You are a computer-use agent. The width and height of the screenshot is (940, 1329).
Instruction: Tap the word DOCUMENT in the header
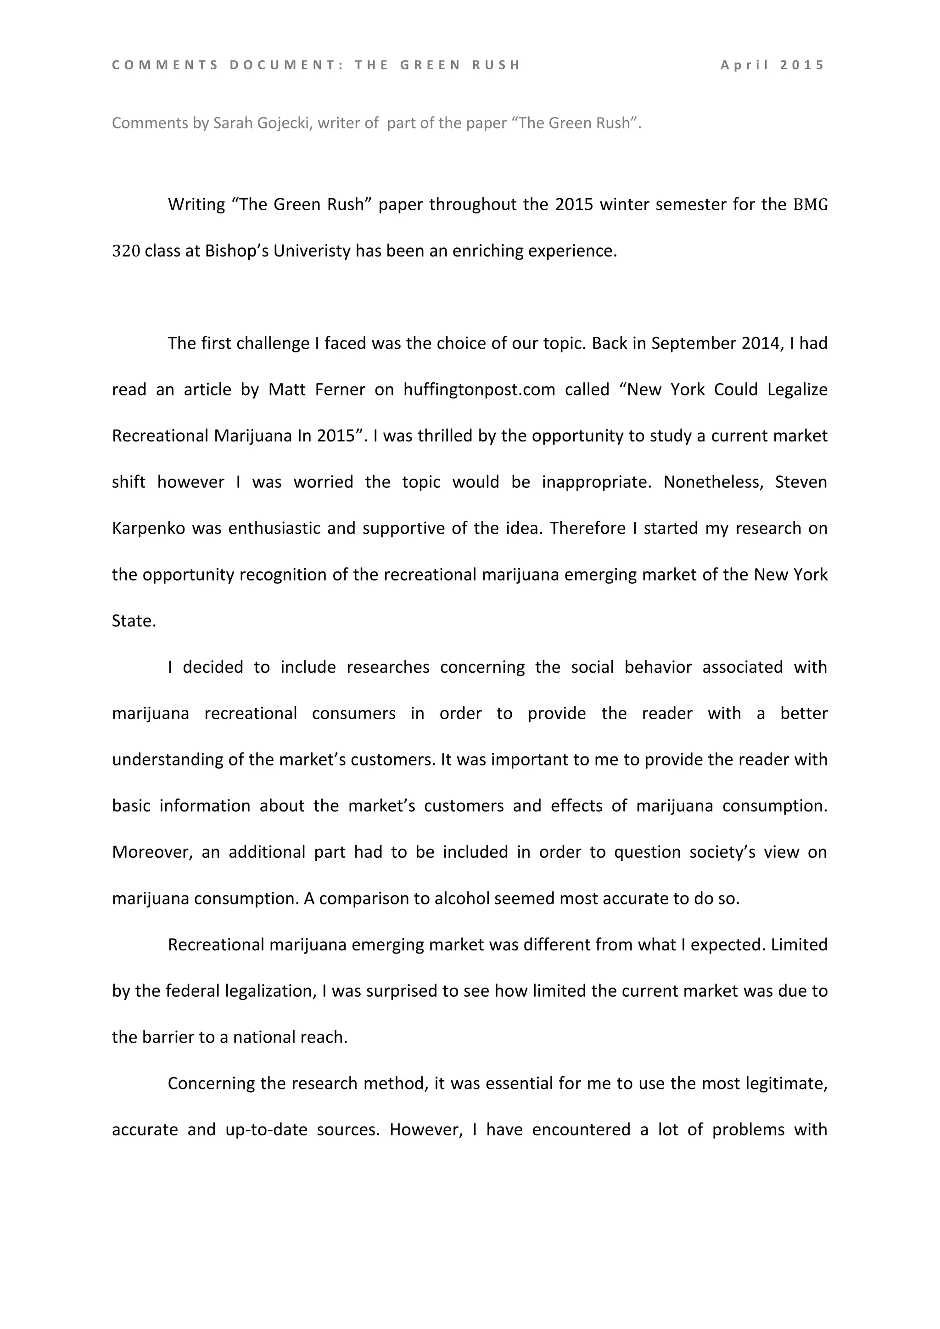(282, 65)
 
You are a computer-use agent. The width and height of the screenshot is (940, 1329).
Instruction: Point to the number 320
(126, 251)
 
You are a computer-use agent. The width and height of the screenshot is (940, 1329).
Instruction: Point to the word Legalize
(797, 390)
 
